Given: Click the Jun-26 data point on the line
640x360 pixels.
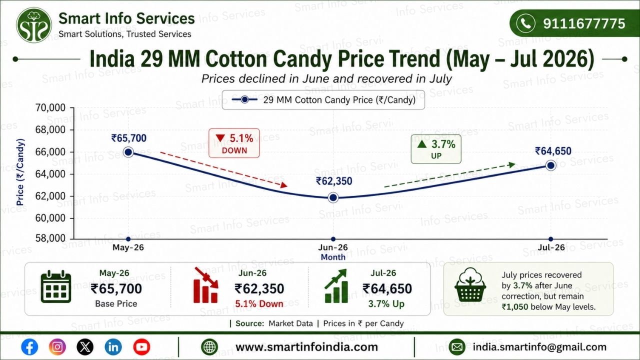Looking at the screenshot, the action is [x=333, y=197].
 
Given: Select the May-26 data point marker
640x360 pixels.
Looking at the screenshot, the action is [x=128, y=152].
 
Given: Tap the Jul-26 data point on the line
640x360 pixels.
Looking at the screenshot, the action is [x=551, y=165].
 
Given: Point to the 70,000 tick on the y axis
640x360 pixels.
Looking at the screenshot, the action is [x=50, y=108].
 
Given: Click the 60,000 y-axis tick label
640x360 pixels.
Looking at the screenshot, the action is [x=50, y=218].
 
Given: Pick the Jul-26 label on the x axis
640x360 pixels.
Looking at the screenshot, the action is [x=551, y=247].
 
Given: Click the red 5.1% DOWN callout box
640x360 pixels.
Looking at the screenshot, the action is [x=234, y=143].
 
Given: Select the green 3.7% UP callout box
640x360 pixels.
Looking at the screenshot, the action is [x=436, y=149].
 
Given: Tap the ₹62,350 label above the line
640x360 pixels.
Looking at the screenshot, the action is [x=334, y=181].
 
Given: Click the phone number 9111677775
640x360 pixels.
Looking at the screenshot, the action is [x=584, y=23].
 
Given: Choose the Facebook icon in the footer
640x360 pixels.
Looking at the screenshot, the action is [x=29, y=347].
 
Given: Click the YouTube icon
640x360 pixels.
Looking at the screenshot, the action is [x=141, y=347].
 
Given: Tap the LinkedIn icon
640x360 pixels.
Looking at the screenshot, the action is [x=113, y=347].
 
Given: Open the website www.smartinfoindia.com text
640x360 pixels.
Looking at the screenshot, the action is [x=306, y=347].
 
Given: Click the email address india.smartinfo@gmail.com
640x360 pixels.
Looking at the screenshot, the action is [x=539, y=347].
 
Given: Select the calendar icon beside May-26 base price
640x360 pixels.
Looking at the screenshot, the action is [x=56, y=286].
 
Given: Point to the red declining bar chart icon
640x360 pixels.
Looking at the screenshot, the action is [x=205, y=285].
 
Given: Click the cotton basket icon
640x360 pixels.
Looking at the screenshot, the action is [x=470, y=285].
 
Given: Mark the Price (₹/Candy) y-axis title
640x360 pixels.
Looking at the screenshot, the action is [x=20, y=172].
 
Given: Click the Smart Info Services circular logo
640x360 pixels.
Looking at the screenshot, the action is [x=34, y=25].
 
